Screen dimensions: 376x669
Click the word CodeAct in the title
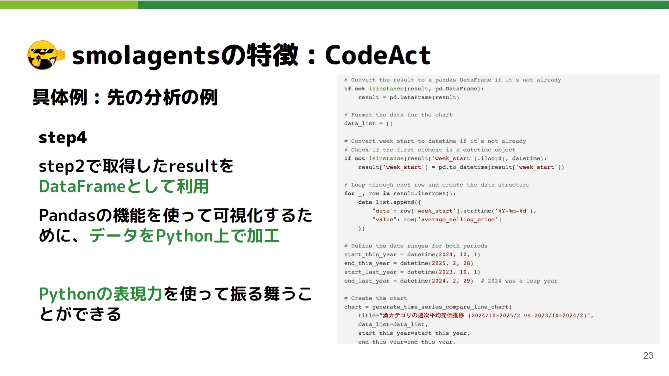pyautogui.click(x=377, y=55)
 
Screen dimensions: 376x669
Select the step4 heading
pyautogui.click(x=63, y=138)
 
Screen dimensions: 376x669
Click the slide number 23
pyautogui.click(x=648, y=355)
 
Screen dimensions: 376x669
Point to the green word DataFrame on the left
pyautogui.click(x=82, y=187)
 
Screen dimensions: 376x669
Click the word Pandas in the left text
pyautogui.click(x=67, y=216)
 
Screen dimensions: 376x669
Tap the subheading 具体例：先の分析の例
pyautogui.click(x=125, y=97)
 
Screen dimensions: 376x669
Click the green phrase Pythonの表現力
pyautogui.click(x=100, y=294)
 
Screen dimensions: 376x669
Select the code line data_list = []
pyautogui.click(x=368, y=124)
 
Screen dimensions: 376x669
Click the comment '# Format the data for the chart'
pyautogui.click(x=398, y=115)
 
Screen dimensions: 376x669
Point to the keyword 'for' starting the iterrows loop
pyautogui.click(x=349, y=193)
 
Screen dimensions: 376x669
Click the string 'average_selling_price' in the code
pyautogui.click(x=457, y=220)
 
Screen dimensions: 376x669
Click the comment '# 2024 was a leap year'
pyautogui.click(x=519, y=281)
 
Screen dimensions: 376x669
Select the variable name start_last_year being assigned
pyautogui.click(x=370, y=272)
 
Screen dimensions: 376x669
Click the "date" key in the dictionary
pyautogui.click(x=382, y=211)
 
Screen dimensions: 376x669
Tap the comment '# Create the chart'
pyautogui.click(x=375, y=298)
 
